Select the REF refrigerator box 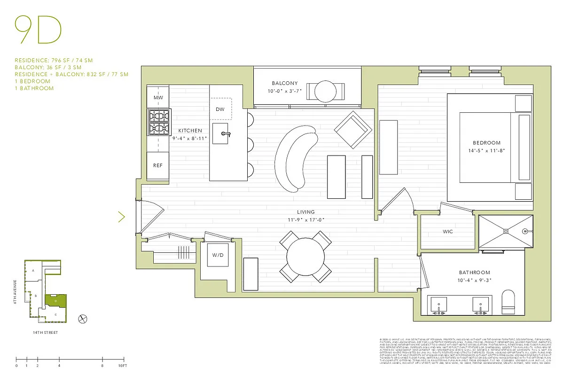click(x=157, y=165)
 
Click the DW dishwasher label click(x=220, y=109)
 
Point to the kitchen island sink click(x=222, y=133)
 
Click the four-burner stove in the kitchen click(x=158, y=122)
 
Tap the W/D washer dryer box click(x=217, y=256)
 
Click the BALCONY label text click(x=285, y=83)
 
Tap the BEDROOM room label click(x=486, y=142)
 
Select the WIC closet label click(x=448, y=232)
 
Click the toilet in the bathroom click(x=509, y=302)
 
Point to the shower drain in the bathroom click(x=506, y=231)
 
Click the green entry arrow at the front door click(x=121, y=217)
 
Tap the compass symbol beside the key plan click(x=83, y=318)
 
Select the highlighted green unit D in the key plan click(x=56, y=301)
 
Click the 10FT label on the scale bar click(x=122, y=365)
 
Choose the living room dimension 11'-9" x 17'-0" click(x=306, y=219)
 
